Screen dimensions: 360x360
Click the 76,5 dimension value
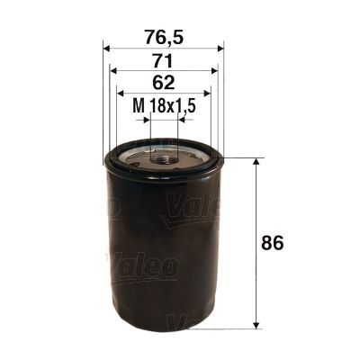point(163,37)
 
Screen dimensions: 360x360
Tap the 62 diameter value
point(163,82)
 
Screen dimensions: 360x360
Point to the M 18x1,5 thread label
point(165,105)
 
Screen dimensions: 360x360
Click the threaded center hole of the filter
point(164,158)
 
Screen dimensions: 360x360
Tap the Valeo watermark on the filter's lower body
point(144,266)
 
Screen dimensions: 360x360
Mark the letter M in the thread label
point(138,105)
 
